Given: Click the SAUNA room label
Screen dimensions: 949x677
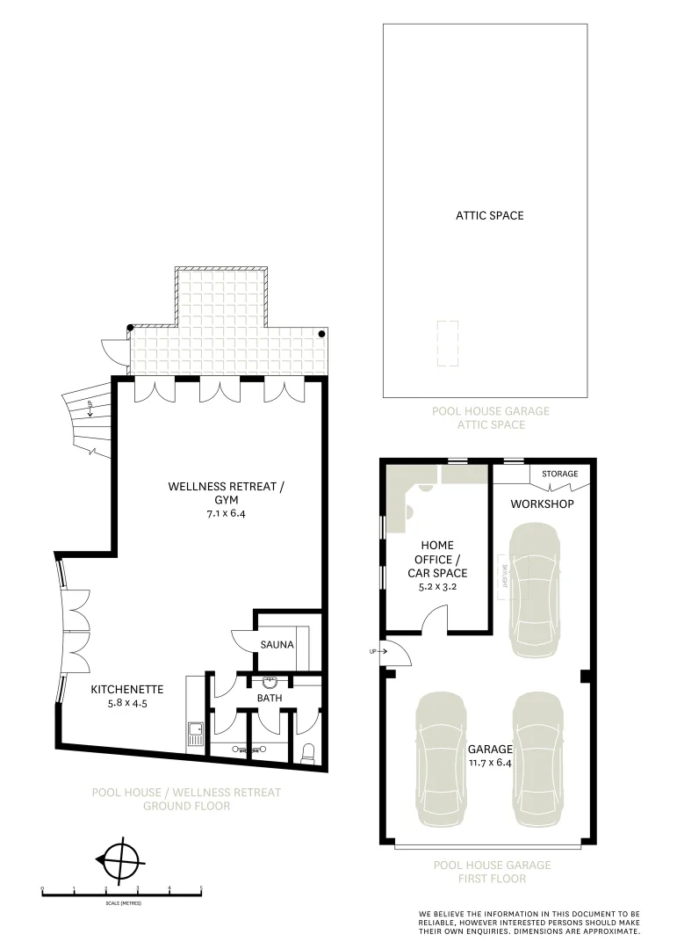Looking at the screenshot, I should click(x=277, y=644).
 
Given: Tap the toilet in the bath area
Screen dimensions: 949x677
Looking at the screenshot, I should click(x=307, y=751).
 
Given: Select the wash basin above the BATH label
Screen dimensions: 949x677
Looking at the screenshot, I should click(x=269, y=681).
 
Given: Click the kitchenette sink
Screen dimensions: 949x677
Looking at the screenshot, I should click(x=195, y=728).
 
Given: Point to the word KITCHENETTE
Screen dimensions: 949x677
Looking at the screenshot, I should click(x=123, y=690).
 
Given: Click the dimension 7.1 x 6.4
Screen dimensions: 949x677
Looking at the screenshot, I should click(x=227, y=513).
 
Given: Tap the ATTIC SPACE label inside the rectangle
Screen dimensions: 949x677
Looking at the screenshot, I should click(x=489, y=215).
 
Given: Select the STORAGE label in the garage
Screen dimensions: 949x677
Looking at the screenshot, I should click(x=559, y=474).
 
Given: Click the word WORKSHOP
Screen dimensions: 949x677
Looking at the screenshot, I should click(x=542, y=503).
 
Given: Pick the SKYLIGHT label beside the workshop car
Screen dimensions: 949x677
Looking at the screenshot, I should click(x=505, y=576).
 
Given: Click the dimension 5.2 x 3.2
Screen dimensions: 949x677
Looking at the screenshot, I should click(x=437, y=588).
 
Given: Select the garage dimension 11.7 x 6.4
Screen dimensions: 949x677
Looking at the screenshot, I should click(x=490, y=763).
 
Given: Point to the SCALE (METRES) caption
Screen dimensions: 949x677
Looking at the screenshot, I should click(x=123, y=903).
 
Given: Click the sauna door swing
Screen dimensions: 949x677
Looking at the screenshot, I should click(x=242, y=641).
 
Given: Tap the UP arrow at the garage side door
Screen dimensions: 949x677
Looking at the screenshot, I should click(x=374, y=651).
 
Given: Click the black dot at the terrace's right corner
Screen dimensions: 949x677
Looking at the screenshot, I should click(x=322, y=334).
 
